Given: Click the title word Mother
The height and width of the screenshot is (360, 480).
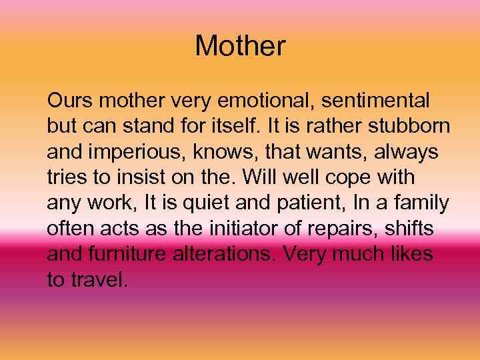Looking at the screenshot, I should click(x=240, y=46).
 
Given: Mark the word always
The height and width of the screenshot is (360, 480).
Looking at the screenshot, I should click(x=405, y=152).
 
